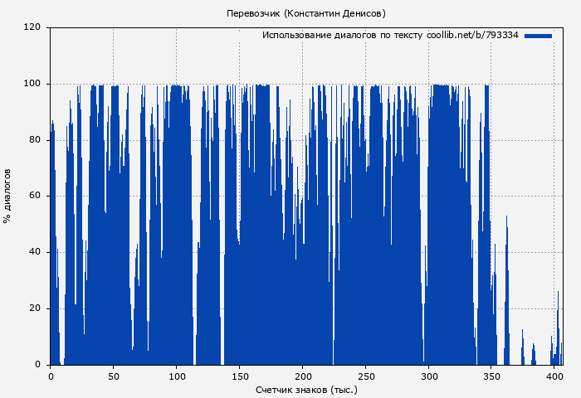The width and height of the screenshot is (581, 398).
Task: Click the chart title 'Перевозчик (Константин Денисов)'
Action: (x=306, y=13)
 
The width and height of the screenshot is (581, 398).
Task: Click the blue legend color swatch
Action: (x=538, y=36)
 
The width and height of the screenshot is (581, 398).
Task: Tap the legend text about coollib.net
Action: (x=390, y=36)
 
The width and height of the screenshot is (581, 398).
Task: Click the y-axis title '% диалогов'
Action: (x=7, y=196)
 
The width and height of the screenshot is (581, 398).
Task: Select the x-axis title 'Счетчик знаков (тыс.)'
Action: (x=306, y=389)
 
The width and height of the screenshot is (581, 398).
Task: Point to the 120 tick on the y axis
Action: (x=32, y=27)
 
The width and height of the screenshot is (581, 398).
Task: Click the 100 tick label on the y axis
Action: (x=32, y=84)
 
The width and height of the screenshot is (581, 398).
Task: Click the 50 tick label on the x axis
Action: (x=114, y=376)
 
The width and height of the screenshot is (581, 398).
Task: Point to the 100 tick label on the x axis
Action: (x=177, y=376)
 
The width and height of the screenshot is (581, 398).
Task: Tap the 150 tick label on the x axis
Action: (x=240, y=376)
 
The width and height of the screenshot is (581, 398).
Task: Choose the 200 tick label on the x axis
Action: (x=303, y=376)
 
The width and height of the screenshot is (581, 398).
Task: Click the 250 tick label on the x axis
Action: (x=366, y=376)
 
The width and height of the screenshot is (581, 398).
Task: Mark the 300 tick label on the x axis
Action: (x=429, y=376)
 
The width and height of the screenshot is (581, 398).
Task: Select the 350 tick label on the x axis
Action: (x=492, y=376)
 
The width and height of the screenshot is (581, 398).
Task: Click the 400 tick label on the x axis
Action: (x=555, y=376)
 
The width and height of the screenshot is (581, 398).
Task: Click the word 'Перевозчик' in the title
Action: (x=254, y=13)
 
